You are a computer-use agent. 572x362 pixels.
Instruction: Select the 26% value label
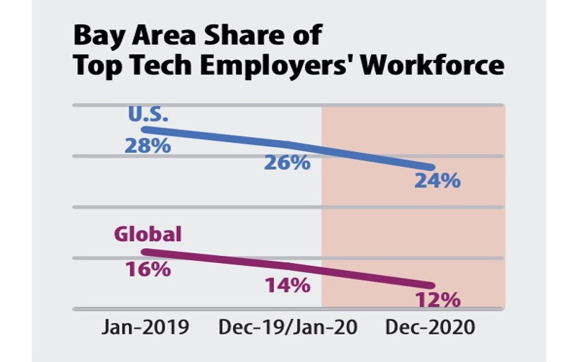tap(287, 162)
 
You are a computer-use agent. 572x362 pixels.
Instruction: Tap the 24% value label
tap(437, 180)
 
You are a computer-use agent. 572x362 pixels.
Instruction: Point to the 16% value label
tap(147, 269)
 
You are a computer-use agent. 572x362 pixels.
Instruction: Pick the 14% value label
tap(287, 285)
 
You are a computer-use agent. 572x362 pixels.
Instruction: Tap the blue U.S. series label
tap(148, 115)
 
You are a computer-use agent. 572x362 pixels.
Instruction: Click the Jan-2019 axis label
tap(146, 328)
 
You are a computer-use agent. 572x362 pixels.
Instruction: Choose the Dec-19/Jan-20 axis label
tap(287, 328)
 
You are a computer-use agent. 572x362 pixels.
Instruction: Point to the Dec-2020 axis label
tap(429, 328)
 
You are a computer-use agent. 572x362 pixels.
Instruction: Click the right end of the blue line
tap(432, 168)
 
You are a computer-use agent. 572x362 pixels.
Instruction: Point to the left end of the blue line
tap(144, 129)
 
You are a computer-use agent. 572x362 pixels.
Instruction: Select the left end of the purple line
tap(144, 251)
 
